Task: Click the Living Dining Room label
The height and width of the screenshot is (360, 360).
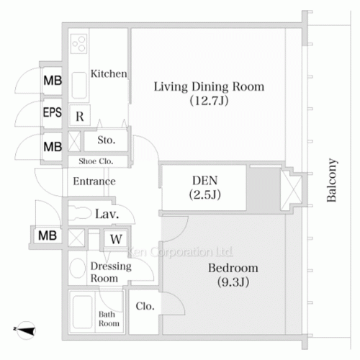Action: [x=209, y=86]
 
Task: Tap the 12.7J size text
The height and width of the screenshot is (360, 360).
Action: [x=209, y=101]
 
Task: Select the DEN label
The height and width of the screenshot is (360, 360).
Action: [x=204, y=181]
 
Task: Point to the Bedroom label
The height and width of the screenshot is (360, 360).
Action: [x=233, y=268]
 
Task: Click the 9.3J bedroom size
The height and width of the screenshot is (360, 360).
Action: [x=233, y=282]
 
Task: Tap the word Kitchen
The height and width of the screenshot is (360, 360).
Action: [x=109, y=73]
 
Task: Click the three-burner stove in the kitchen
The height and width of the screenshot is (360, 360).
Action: [x=79, y=44]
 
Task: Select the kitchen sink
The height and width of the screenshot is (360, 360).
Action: [x=79, y=85]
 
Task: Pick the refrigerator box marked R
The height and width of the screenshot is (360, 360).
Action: [x=80, y=115]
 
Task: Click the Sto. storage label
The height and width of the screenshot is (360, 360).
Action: [x=107, y=140]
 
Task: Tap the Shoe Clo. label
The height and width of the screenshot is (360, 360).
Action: [x=96, y=161]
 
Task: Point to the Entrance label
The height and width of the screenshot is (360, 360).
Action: [x=94, y=181]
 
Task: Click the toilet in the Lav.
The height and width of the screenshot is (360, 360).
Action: [x=80, y=213]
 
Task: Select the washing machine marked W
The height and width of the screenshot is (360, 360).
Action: [x=116, y=239]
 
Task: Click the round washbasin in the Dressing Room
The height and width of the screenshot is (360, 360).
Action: [x=78, y=268]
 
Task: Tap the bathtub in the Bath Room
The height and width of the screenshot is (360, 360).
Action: [x=82, y=312]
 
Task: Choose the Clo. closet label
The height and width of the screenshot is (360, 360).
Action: [x=145, y=306]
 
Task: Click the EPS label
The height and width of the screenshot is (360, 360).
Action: [x=53, y=112]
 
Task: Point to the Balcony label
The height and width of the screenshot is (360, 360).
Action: [x=332, y=180]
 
